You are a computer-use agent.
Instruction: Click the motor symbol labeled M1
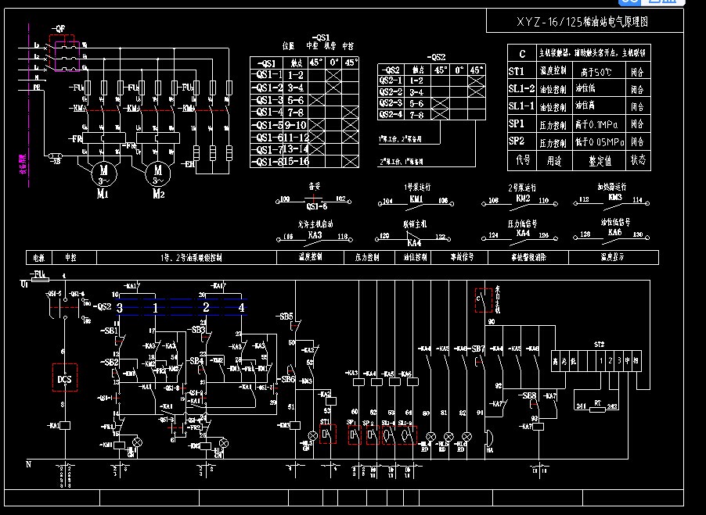101,170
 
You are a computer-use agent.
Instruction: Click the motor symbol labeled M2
157,170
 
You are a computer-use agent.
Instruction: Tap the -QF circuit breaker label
59,27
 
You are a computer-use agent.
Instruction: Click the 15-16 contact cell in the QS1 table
296,162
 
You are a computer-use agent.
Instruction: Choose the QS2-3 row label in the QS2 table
391,103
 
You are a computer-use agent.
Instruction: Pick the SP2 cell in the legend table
517,141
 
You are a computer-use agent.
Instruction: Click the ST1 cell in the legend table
517,71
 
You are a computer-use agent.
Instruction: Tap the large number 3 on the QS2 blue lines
120,309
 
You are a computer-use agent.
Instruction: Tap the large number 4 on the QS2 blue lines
241,309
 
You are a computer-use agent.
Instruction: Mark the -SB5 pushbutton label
286,317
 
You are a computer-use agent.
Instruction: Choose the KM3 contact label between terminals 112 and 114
614,198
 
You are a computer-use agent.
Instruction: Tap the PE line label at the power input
37,88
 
